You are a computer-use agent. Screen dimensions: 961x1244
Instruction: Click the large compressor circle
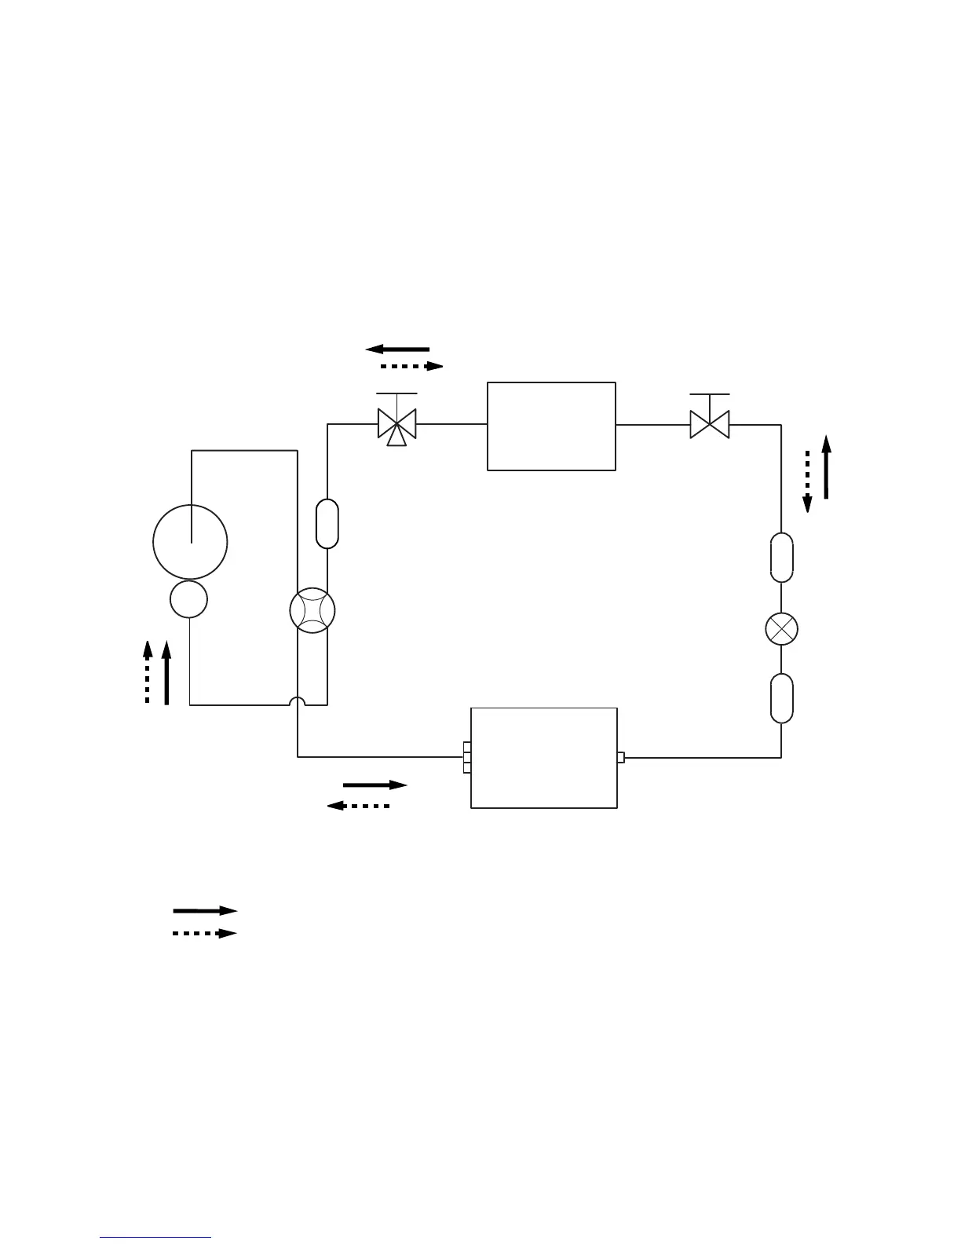(190, 542)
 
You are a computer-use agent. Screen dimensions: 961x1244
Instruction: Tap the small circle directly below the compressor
(189, 600)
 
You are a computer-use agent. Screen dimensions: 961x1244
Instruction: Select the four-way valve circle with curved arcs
(312, 611)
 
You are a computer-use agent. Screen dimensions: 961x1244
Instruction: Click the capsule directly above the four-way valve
(327, 523)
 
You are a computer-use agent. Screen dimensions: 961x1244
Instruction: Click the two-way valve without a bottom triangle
(709, 425)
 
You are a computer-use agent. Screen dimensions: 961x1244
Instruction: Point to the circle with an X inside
(781, 628)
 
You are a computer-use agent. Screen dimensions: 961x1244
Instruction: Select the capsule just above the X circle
(781, 558)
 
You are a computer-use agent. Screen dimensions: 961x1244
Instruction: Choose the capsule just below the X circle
(781, 697)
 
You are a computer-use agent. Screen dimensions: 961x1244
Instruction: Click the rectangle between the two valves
(551, 426)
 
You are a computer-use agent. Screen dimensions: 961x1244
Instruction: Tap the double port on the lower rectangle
(467, 758)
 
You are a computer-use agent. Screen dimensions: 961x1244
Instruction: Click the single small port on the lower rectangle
(621, 758)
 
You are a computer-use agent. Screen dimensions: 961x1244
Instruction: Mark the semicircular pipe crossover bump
(298, 701)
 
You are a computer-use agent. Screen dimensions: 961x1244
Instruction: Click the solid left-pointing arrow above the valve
(397, 349)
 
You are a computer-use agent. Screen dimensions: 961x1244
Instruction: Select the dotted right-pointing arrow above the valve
(411, 366)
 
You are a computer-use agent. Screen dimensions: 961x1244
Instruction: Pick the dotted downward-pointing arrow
(807, 481)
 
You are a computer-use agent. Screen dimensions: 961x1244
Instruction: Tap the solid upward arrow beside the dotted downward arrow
(826, 467)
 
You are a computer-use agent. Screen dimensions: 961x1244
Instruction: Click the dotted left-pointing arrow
(358, 806)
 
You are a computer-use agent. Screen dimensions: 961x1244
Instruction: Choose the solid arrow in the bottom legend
(205, 911)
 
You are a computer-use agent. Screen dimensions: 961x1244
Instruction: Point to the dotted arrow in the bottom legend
(205, 934)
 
